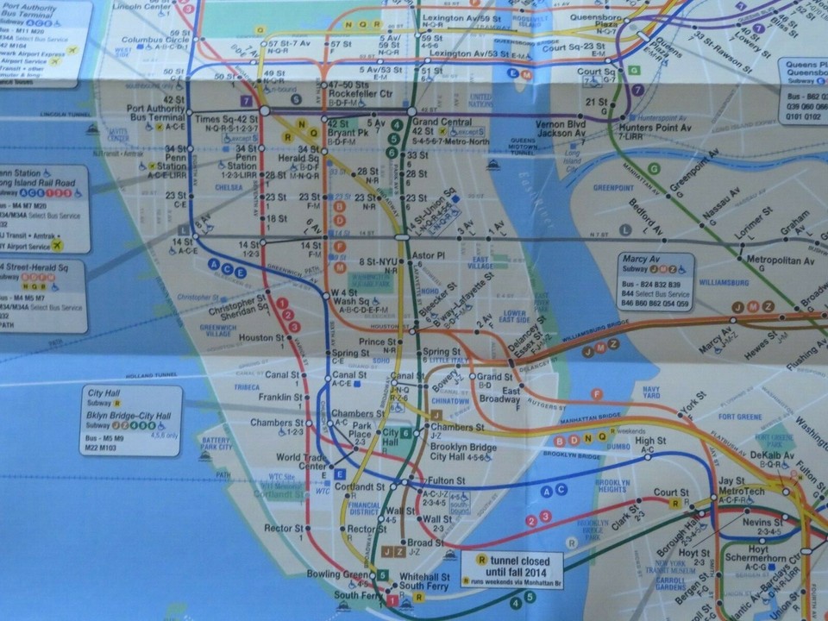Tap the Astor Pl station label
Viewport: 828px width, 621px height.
(x=429, y=256)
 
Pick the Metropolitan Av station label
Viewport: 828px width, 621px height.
(x=781, y=260)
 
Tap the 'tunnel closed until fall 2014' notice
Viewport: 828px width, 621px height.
(x=518, y=566)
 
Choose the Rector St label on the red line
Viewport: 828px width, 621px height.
(x=281, y=527)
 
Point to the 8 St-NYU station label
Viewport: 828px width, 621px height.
(x=379, y=261)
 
